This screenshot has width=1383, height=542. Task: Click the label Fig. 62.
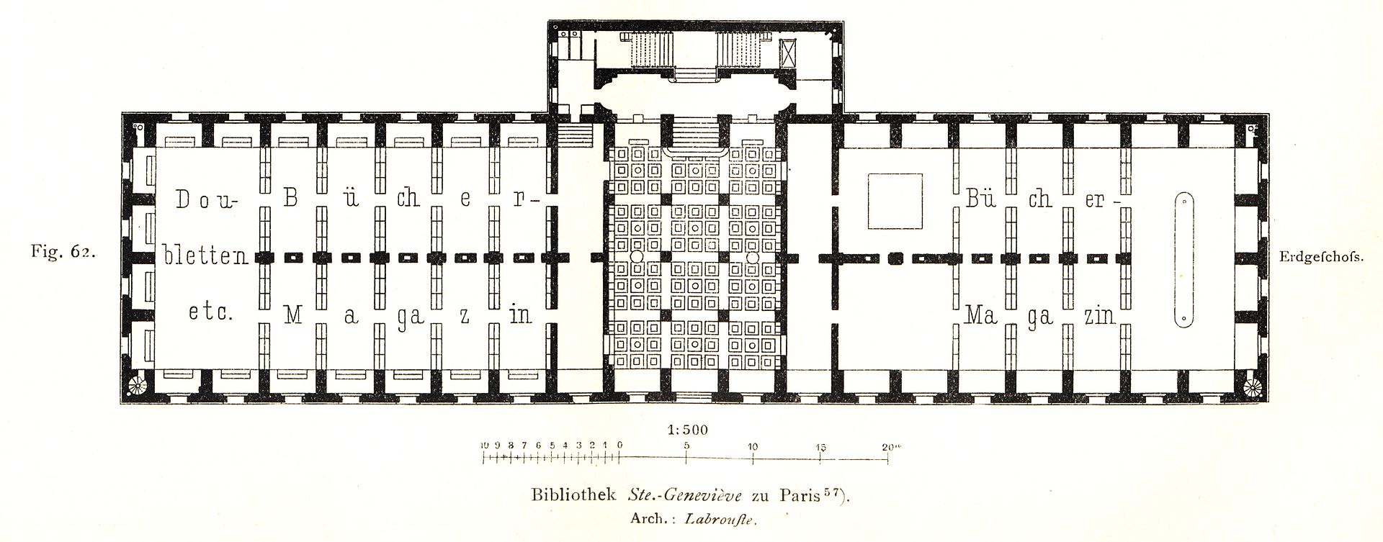[x=63, y=253]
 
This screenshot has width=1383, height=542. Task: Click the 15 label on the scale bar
[x=822, y=446]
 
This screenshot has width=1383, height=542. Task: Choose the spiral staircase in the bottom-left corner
[x=136, y=387]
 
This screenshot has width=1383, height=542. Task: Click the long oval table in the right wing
[x=1183, y=260]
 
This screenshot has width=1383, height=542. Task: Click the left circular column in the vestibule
[x=636, y=257]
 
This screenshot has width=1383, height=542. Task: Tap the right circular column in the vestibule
[x=752, y=257]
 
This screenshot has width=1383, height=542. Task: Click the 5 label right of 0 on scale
[x=687, y=446]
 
